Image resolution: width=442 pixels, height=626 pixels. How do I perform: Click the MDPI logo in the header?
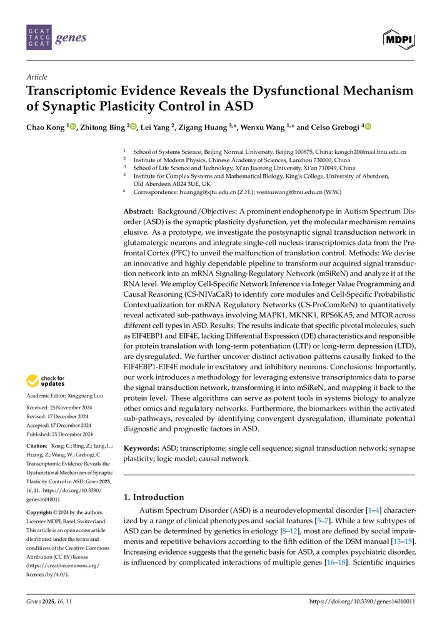[x=398, y=38]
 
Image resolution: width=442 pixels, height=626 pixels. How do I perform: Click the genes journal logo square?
[x=38, y=38]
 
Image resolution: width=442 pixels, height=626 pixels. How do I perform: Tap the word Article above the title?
[x=36, y=77]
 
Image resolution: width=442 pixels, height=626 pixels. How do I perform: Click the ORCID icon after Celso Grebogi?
[x=367, y=127]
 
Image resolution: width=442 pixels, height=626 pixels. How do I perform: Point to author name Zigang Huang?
[x=203, y=127]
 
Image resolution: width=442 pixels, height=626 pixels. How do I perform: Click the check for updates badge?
[x=46, y=381]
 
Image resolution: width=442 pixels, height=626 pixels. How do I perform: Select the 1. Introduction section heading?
[x=153, y=497]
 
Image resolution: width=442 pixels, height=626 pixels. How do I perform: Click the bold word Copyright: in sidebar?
[x=39, y=512]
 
